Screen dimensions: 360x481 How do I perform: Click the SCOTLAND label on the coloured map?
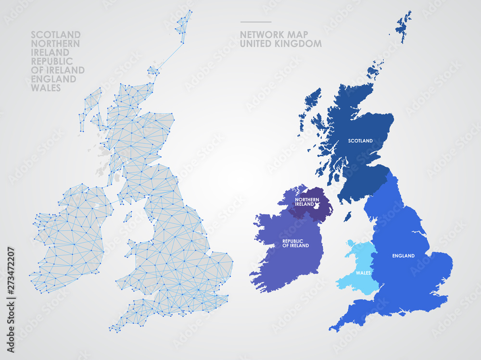[x=360, y=141]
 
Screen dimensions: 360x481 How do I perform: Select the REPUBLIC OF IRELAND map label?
[x=295, y=243]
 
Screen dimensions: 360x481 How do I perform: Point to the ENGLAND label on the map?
[x=403, y=256]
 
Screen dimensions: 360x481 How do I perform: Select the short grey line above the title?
[x=255, y=22]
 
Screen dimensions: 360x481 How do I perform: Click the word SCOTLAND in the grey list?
[x=56, y=35]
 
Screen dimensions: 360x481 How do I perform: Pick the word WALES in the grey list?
[x=46, y=88]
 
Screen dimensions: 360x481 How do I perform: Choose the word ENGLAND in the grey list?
[x=53, y=79]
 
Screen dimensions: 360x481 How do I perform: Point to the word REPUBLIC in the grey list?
[x=52, y=61]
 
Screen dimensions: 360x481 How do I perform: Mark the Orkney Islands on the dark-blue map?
[x=374, y=70]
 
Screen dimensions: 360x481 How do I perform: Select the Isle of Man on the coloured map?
[x=347, y=216]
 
